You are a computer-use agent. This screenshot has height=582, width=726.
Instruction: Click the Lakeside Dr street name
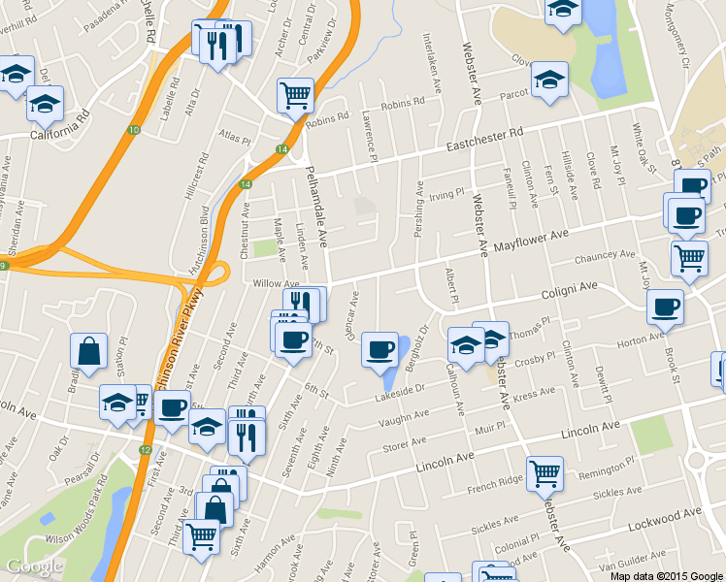[401, 390]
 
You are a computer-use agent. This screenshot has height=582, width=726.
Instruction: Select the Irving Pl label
[447, 194]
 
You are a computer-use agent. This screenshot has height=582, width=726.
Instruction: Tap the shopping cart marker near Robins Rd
[295, 95]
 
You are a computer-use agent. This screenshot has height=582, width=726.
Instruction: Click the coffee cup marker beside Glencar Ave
[379, 348]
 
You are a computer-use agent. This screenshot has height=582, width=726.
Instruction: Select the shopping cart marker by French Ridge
[544, 473]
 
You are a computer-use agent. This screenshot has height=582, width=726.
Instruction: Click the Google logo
[35, 566]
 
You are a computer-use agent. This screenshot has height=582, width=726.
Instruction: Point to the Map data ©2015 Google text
[666, 576]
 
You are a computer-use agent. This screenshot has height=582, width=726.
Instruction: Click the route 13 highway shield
[133, 130]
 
